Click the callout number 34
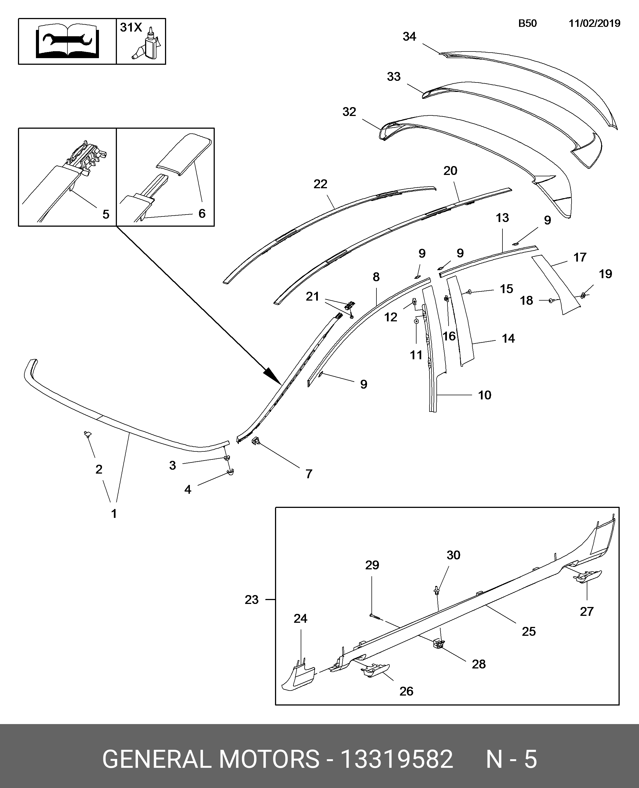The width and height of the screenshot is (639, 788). tap(409, 37)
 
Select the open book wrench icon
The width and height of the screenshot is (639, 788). tap(67, 41)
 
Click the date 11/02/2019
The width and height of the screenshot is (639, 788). tap(595, 24)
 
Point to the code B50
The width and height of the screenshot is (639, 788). tap(527, 24)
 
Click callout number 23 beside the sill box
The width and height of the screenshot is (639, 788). tap(252, 600)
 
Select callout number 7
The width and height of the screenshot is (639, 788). tap(309, 474)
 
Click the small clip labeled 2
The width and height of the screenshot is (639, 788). tap(88, 434)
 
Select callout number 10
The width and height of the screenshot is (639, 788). tap(485, 395)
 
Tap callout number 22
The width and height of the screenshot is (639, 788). tap(320, 184)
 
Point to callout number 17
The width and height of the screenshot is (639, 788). tap(580, 257)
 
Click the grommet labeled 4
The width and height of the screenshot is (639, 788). tap(231, 472)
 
